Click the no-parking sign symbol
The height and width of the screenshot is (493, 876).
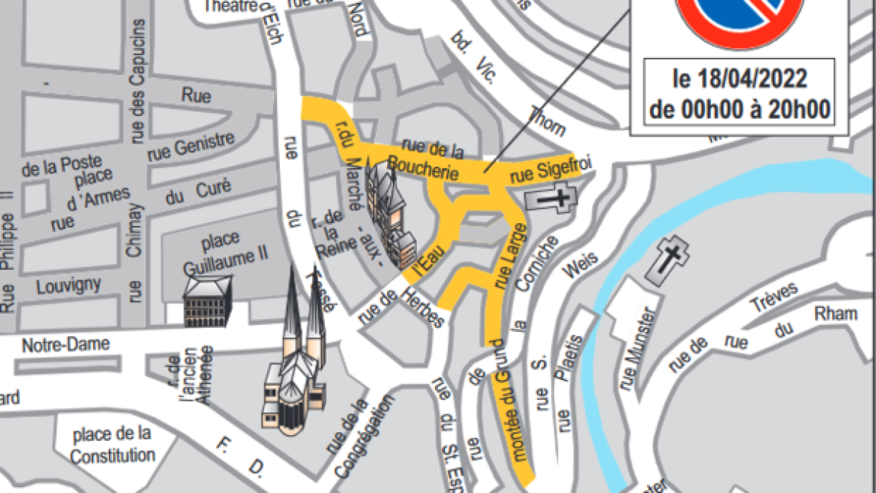click(740, 18)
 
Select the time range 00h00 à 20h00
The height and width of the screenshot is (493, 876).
click(740, 109)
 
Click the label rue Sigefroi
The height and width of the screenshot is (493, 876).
click(552, 171)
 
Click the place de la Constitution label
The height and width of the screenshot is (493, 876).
click(112, 444)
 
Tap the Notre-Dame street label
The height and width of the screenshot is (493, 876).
click(66, 344)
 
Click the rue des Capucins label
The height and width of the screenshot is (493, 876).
click(137, 79)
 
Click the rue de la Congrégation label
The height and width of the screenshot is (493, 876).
click(361, 436)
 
